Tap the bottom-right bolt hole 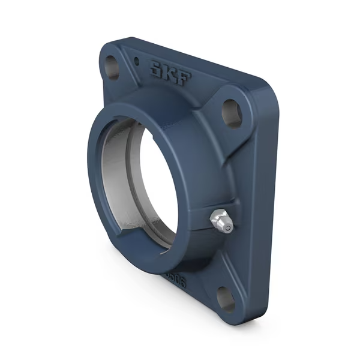coord(225,297)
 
